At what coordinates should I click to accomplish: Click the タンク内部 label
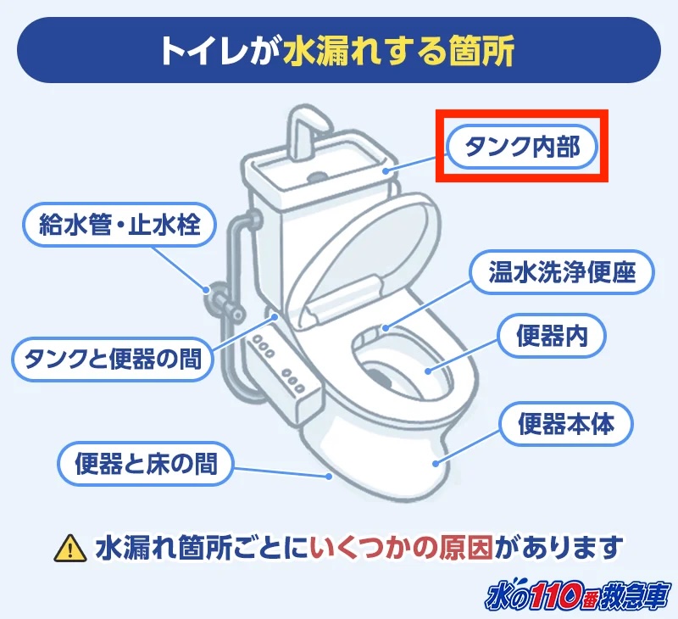tap(520, 148)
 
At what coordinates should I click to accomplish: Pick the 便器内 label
tap(553, 337)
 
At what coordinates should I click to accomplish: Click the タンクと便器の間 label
tap(112, 360)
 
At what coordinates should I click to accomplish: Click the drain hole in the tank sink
tap(318, 177)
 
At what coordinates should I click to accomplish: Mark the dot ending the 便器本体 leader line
tap(436, 463)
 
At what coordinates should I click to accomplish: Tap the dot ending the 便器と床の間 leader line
tap(328, 477)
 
